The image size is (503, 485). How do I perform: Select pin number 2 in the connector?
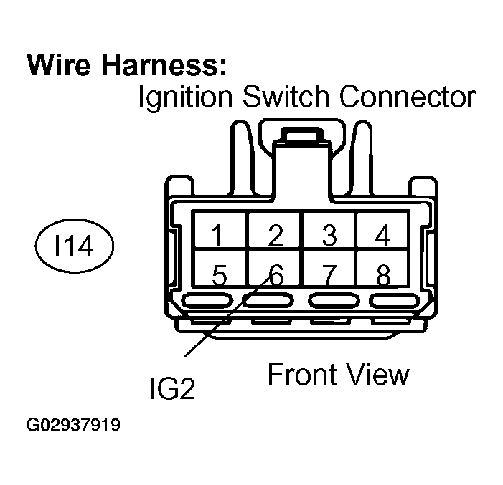coord(274,236)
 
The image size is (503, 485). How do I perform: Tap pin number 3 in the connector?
coord(329,236)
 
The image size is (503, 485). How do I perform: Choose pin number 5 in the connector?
coord(220,275)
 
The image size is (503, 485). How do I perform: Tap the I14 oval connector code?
coord(74,248)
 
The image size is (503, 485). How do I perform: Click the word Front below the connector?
coord(301,374)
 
